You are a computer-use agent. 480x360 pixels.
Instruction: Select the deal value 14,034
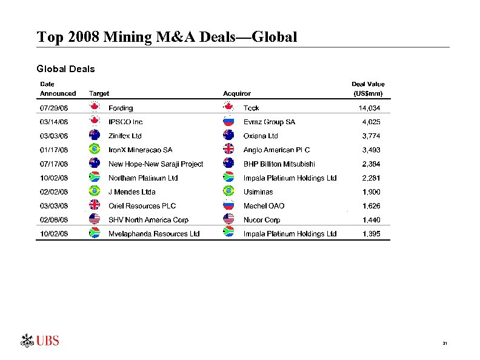[x=370, y=108]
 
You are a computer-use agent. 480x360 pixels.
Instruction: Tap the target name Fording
[x=121, y=108]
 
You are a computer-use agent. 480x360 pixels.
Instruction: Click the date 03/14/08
[x=54, y=122]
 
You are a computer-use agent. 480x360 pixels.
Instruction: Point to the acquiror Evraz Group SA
[x=269, y=122]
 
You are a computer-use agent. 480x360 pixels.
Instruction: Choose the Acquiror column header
[x=237, y=93]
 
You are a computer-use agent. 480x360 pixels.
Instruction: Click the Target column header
[x=99, y=93]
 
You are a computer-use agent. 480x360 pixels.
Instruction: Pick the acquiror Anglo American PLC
[x=276, y=150]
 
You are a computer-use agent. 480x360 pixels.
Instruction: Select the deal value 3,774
[x=372, y=136]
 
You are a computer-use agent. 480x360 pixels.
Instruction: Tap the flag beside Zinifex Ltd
[x=94, y=136]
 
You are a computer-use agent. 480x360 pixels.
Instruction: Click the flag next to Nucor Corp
[x=228, y=220]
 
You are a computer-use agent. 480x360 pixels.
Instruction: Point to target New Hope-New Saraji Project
[x=156, y=164]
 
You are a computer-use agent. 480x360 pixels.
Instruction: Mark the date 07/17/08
[x=54, y=164]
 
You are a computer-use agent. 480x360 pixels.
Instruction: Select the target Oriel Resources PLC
[x=142, y=206]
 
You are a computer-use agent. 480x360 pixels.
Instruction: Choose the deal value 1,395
[x=372, y=234]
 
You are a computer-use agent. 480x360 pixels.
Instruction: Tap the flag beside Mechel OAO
[x=228, y=206]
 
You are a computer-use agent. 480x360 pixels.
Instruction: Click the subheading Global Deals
[x=66, y=68]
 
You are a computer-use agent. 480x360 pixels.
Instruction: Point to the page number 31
[x=445, y=344]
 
